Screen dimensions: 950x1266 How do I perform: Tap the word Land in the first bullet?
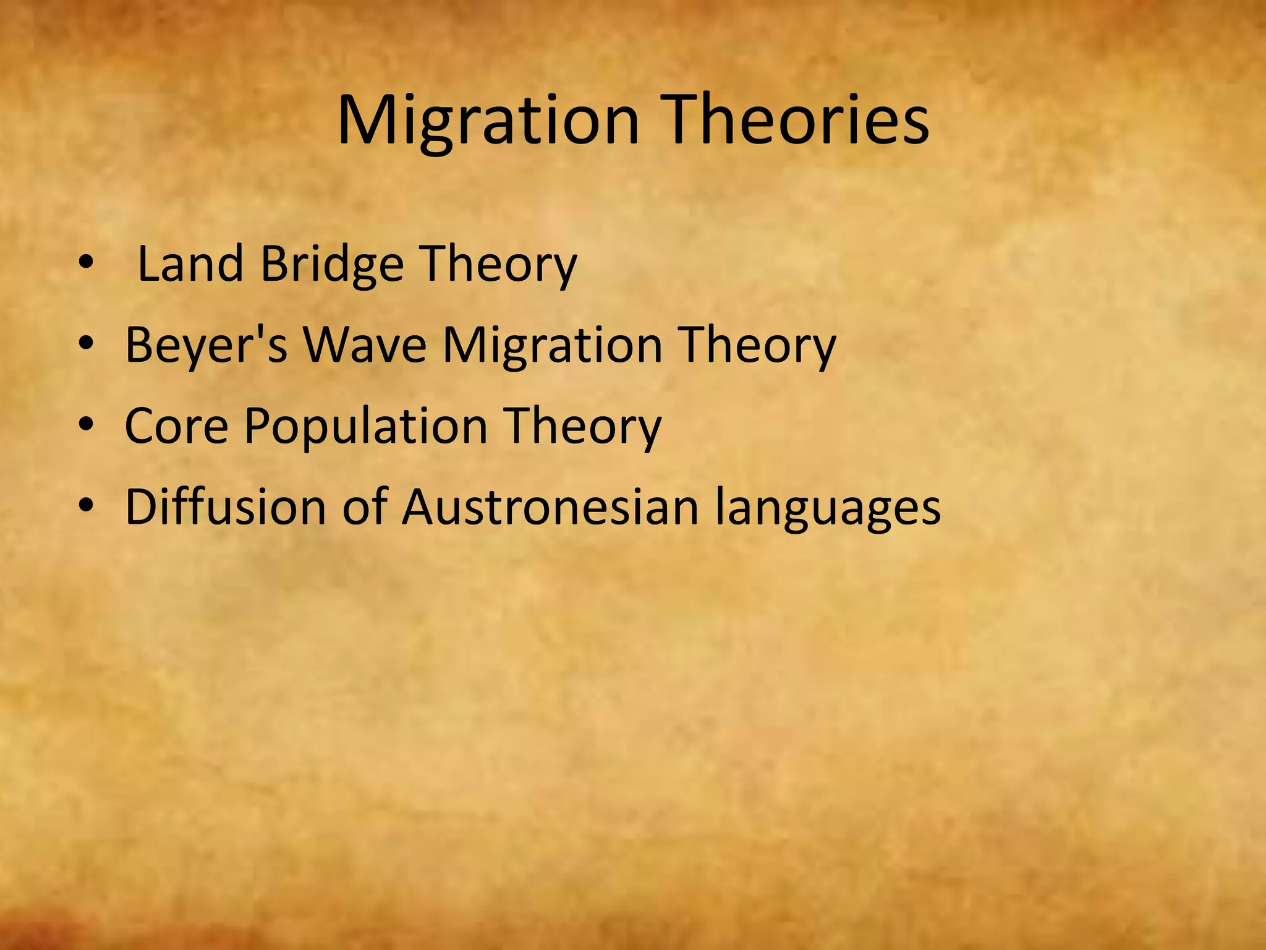coord(190,265)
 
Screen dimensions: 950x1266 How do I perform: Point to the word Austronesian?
coord(550,507)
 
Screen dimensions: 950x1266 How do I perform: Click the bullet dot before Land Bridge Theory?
coord(85,265)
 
